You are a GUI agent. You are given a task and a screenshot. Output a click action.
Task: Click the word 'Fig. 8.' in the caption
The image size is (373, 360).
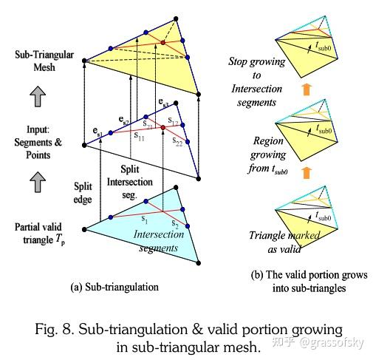[64, 327]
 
